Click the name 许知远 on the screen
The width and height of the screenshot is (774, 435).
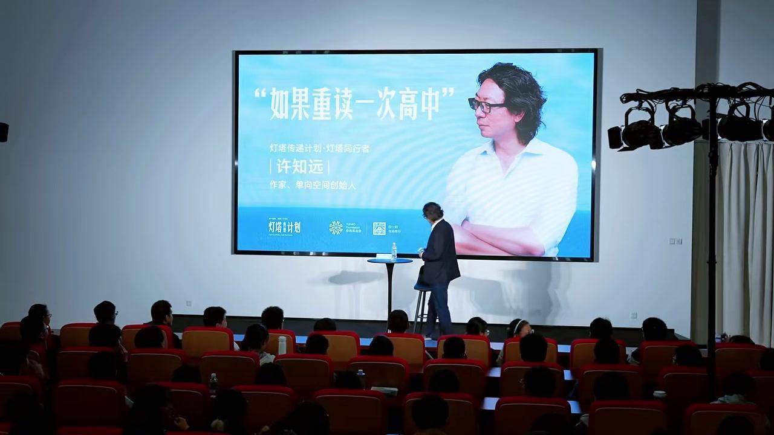tap(299, 167)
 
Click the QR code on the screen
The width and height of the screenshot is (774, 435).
tap(379, 228)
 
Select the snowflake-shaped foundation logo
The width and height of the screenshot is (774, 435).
tap(336, 228)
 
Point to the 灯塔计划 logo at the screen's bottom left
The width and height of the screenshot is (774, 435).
tap(284, 227)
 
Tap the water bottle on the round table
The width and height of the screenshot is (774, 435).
tap(394, 251)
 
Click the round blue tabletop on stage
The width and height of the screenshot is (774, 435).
tap(390, 260)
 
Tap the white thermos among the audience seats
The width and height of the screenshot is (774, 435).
tap(282, 345)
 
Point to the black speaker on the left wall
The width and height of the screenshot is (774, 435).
tap(4, 132)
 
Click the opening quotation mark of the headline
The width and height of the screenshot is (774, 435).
tap(261, 95)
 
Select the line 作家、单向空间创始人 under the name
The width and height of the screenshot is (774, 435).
tap(313, 185)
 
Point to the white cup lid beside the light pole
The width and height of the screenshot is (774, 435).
tap(659, 394)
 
